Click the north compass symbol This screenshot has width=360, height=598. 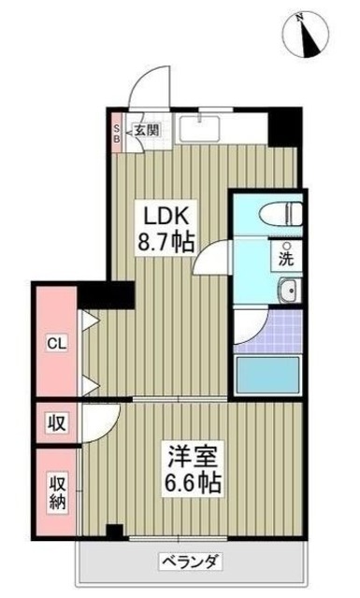(x=306, y=35)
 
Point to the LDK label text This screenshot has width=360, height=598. (x=161, y=213)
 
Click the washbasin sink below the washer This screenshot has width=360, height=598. (x=288, y=292)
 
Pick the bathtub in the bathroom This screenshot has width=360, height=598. (x=266, y=374)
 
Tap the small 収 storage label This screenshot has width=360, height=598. (x=55, y=421)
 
